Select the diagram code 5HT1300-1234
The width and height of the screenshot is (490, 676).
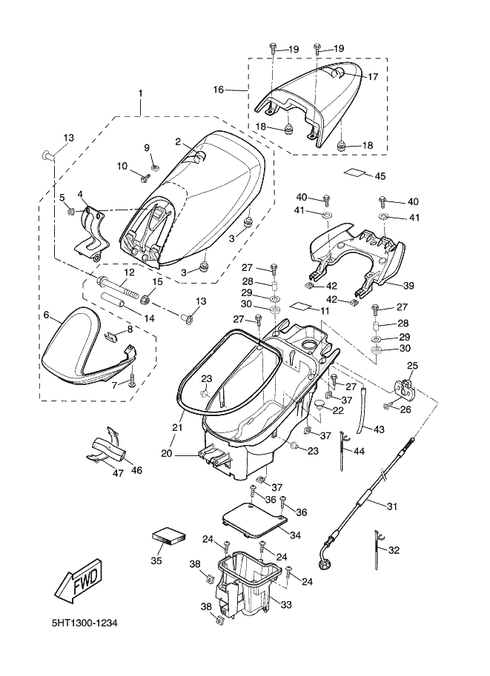(x=85, y=623)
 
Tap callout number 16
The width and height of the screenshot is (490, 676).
(x=218, y=90)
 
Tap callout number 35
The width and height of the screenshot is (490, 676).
(x=156, y=560)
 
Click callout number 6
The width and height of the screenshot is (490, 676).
(x=46, y=315)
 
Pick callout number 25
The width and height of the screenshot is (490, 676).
(x=412, y=365)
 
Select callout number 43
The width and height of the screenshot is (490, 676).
(x=378, y=429)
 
